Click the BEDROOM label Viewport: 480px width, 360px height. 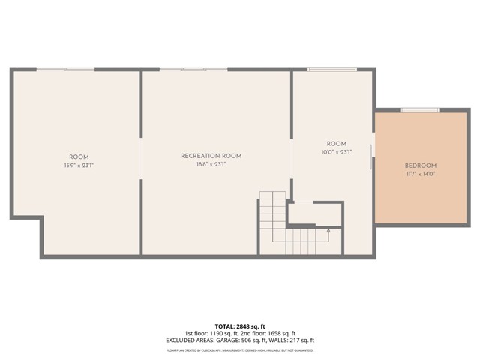[420, 166]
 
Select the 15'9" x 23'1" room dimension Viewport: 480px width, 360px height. [79, 165]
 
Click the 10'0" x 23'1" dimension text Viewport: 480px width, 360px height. [336, 152]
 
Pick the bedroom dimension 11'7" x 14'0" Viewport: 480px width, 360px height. [420, 174]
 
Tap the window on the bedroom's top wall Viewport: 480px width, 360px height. [420, 110]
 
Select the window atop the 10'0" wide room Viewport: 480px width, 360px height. [333, 69]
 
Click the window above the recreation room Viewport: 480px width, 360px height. [193, 69]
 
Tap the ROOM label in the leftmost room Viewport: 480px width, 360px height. [79, 157]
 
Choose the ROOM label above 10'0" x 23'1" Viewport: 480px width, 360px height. [336, 144]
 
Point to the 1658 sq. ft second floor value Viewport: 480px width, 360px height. [282, 333]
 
